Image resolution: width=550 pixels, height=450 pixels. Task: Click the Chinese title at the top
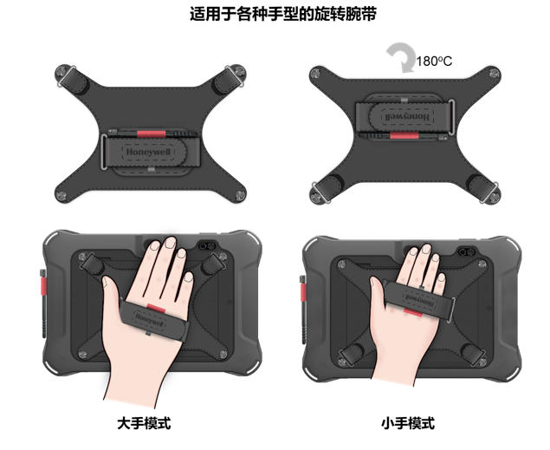275,15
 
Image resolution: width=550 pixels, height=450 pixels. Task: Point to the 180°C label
436,62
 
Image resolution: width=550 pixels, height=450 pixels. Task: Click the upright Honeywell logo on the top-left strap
150,152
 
